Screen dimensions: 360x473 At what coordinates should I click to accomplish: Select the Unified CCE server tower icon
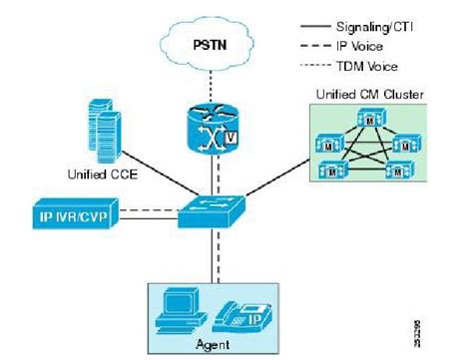tap(103, 127)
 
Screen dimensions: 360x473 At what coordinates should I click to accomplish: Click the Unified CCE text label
tap(102, 171)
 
